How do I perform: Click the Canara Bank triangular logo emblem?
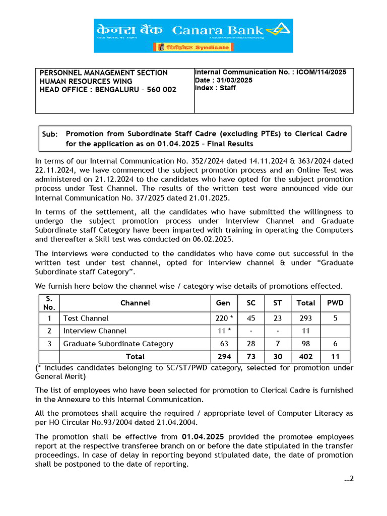[278, 31]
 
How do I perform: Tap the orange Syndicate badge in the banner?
[193, 47]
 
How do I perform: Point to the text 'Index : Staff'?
[215, 88]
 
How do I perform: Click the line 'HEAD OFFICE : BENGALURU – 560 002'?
[108, 90]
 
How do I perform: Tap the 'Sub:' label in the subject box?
[50, 134]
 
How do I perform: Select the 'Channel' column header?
[135, 303]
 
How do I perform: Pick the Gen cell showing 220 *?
[224, 318]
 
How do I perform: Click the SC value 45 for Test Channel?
[251, 318]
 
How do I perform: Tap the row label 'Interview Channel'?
[95, 331]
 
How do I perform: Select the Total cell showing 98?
[305, 344]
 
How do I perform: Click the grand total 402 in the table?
[305, 357]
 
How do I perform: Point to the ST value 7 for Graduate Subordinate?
[278, 344]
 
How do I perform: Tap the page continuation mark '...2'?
[349, 479]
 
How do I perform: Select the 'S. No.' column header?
[49, 303]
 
